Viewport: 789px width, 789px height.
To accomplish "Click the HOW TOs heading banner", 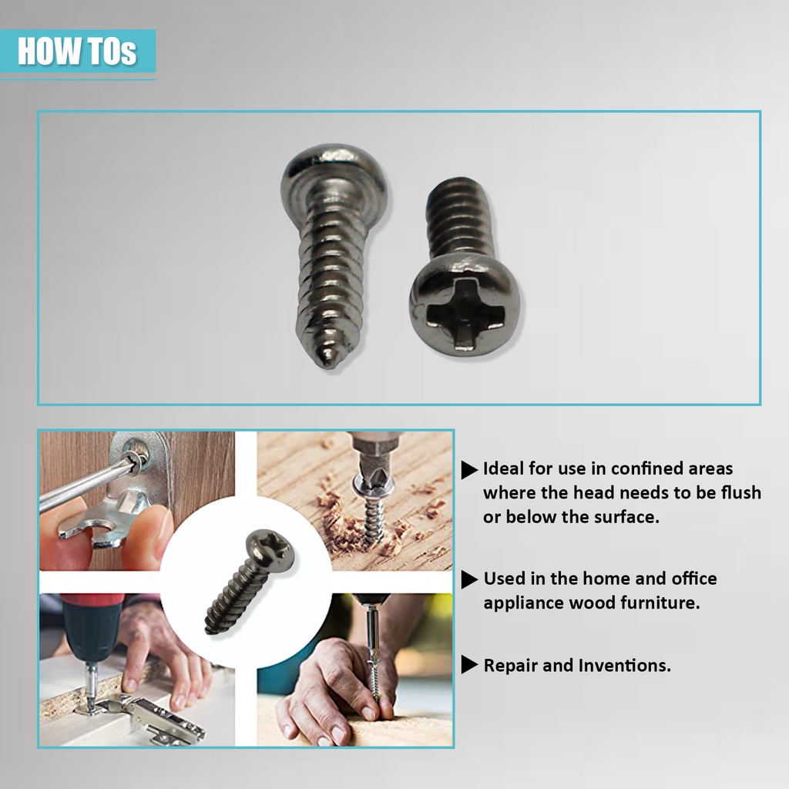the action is [78, 51].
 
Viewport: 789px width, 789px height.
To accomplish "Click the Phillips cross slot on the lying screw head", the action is [463, 313].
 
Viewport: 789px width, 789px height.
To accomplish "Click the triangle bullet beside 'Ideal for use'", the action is [469, 469].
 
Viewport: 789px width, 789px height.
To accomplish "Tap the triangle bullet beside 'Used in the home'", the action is [469, 579].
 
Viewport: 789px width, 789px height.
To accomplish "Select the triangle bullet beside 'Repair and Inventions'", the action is [469, 665].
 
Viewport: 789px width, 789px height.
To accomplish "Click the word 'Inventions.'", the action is [624, 665].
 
